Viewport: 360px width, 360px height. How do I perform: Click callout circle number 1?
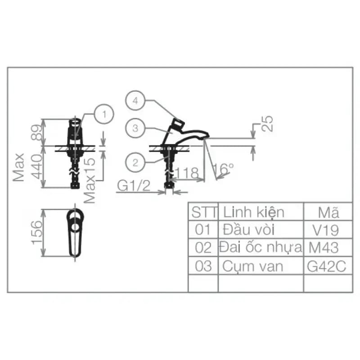point(104,114)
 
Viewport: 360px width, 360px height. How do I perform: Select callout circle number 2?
point(135,162)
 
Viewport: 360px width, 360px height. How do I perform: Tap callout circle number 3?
point(135,128)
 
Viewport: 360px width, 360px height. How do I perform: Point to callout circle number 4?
point(135,100)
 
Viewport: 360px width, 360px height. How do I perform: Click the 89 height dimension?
point(37,132)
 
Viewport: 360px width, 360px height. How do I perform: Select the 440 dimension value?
point(37,166)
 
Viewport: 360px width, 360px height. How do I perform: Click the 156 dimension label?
point(37,232)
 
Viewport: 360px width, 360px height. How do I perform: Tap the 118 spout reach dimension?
point(187,173)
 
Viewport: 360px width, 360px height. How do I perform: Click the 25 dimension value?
point(267,123)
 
